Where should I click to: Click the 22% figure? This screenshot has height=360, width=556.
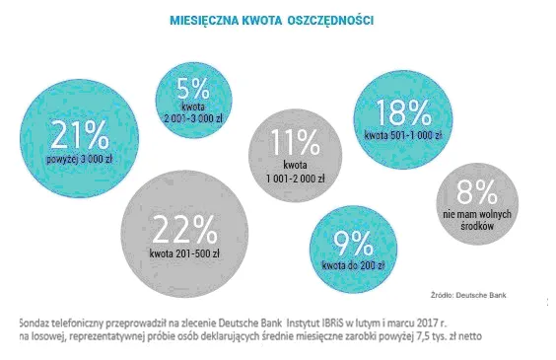[183, 231]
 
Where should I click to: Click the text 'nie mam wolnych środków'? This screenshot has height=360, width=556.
[478, 217]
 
